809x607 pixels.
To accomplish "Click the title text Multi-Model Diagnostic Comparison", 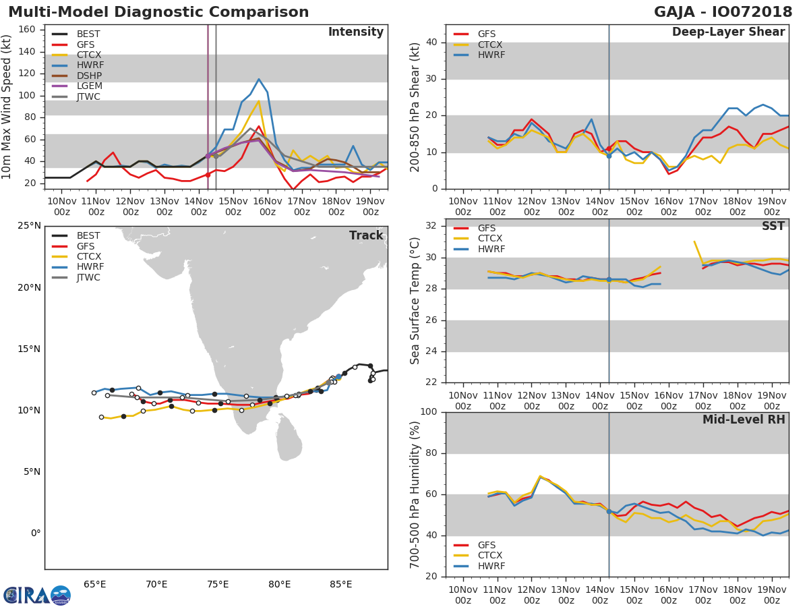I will (158, 12).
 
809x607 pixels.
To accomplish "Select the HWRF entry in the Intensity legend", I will (90, 65).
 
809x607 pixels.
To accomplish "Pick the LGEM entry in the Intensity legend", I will (89, 86).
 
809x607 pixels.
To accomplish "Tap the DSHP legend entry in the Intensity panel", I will (89, 76).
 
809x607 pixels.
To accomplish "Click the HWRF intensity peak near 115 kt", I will (259, 79).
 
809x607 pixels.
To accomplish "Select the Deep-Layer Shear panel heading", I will (728, 32).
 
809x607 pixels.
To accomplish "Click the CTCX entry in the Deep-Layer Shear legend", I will (489, 45).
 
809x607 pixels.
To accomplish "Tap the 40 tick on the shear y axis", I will (431, 42).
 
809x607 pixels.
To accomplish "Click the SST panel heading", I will (773, 226).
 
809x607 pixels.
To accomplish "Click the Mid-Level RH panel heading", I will (744, 420).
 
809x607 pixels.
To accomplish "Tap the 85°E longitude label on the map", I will (340, 584).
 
